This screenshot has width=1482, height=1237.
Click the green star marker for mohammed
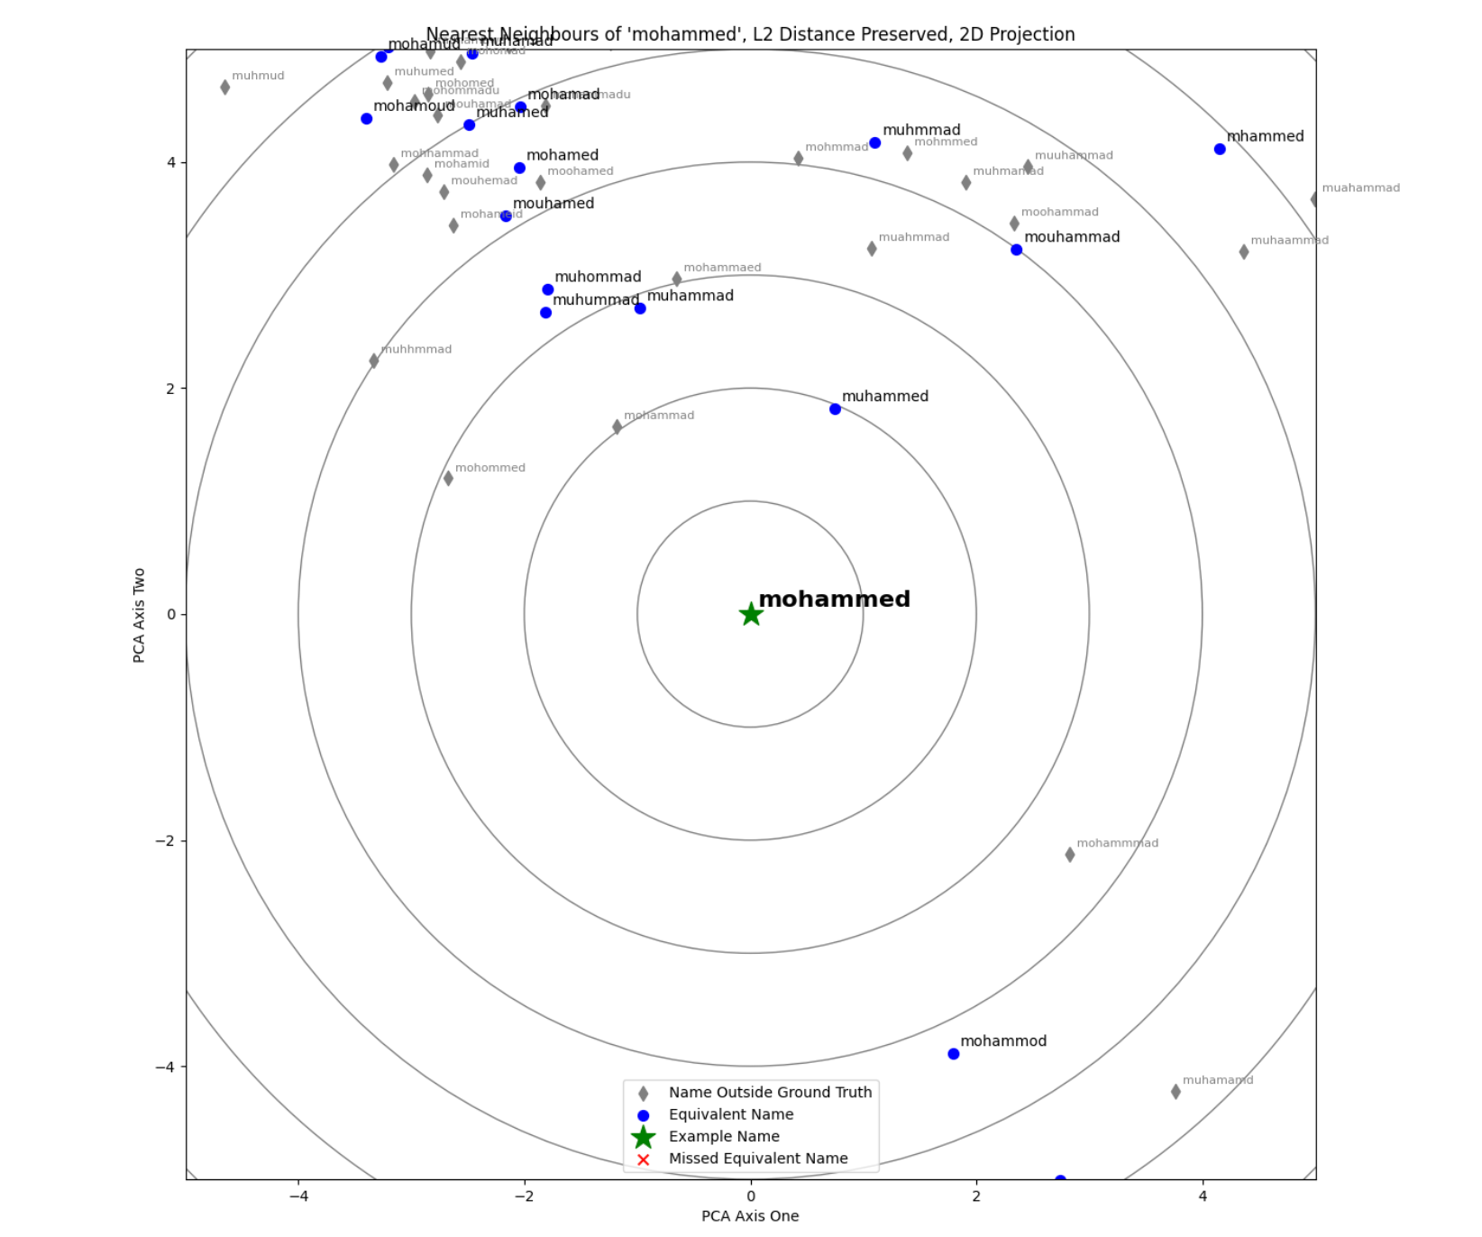(750, 614)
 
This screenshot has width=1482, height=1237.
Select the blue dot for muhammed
(835, 409)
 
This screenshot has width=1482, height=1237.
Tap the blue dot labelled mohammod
(953, 1054)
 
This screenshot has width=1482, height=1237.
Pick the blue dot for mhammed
(1219, 149)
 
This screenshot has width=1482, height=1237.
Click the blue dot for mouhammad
(1016, 250)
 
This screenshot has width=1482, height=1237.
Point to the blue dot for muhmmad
(874, 142)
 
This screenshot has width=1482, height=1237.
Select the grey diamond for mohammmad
(1069, 855)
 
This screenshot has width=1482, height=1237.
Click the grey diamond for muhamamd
(1176, 1092)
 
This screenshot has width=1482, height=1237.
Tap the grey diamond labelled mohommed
(448, 479)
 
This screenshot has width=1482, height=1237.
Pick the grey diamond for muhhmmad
(374, 361)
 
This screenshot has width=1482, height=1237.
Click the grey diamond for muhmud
(224, 87)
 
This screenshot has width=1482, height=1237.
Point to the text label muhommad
(598, 277)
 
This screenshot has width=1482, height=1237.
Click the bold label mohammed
(834, 600)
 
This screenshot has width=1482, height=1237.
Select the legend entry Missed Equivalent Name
(757, 1159)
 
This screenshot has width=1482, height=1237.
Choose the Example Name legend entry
(723, 1137)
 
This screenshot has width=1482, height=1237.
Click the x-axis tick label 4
(1203, 1196)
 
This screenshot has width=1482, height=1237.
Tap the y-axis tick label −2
(164, 840)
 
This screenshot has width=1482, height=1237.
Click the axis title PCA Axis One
(750, 1216)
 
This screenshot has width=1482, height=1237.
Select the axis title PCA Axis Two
(139, 615)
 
